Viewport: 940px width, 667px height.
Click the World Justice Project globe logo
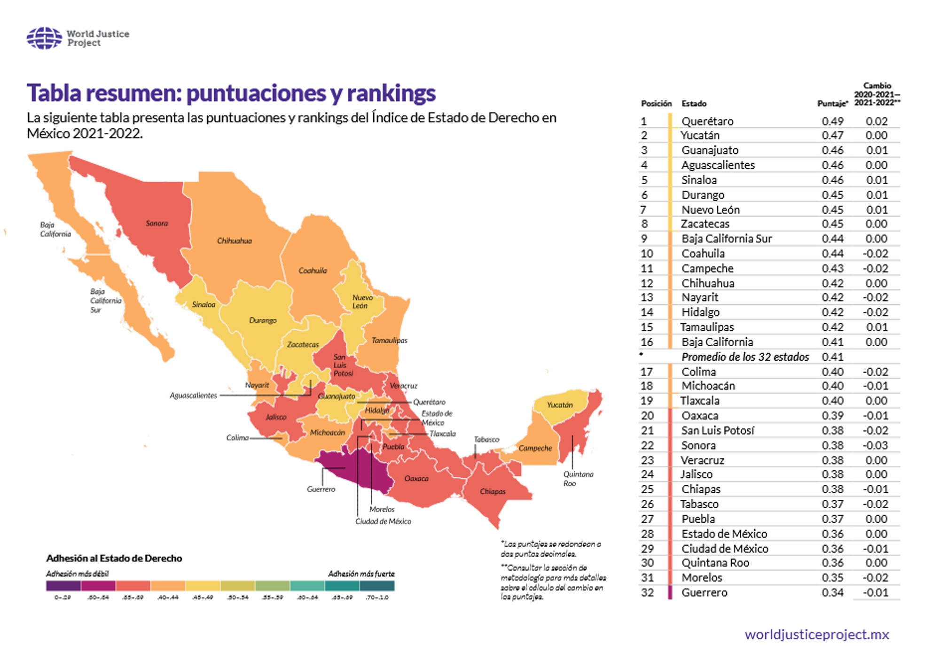coord(44,38)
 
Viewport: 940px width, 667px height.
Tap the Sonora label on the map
coord(157,224)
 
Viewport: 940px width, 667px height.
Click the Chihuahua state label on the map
coord(234,241)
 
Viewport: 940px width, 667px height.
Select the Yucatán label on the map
coord(560,405)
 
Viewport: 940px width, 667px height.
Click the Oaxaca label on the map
coord(416,479)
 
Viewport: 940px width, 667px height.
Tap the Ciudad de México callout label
coord(383,521)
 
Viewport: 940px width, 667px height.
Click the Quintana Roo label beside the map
coord(578,479)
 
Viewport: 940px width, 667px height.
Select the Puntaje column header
coord(832,104)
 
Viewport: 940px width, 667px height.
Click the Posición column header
coord(656,104)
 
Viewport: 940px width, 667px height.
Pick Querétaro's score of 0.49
coord(832,121)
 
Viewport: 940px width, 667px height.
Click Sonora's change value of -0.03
coord(875,445)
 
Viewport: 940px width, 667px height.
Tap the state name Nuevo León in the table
coord(711,210)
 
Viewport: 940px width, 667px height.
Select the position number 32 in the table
coord(647,593)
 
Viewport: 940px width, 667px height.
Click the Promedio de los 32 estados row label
coord(745,357)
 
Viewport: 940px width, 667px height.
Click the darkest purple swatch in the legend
coord(63,586)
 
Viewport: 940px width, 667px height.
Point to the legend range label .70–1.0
coord(377,597)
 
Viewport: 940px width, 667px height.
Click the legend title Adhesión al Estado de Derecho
coord(114,558)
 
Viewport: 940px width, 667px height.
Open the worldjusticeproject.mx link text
coord(816,635)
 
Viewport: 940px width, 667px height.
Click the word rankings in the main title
coord(391,93)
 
